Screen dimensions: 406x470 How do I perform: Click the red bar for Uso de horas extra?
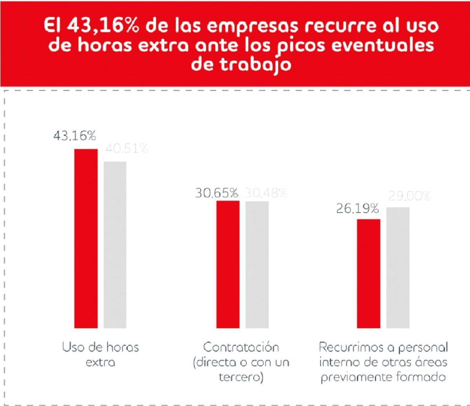click(x=86, y=238)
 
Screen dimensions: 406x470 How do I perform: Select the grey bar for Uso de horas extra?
click(x=115, y=244)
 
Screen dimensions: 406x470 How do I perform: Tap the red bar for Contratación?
click(x=228, y=264)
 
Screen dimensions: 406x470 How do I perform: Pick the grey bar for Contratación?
click(x=257, y=264)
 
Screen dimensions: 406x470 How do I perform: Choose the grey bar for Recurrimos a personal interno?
click(x=398, y=268)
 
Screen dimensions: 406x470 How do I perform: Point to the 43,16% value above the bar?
click(x=74, y=136)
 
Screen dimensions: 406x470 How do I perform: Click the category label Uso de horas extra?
click(x=100, y=354)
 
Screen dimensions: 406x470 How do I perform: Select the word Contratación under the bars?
click(x=241, y=347)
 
